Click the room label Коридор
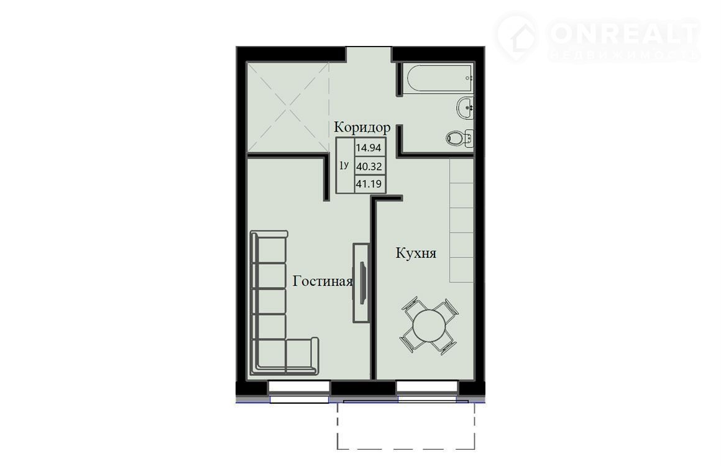tap(362, 127)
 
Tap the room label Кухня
tap(416, 253)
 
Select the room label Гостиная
tap(323, 281)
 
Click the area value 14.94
tap(369, 148)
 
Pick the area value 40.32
tap(369, 167)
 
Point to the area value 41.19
tap(369, 185)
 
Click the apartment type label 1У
tap(344, 165)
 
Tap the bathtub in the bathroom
tap(438, 78)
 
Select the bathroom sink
tap(466, 109)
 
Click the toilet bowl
tap(459, 137)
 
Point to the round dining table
tap(429, 326)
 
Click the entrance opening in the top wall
tap(369, 54)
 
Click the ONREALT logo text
tap(624, 32)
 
